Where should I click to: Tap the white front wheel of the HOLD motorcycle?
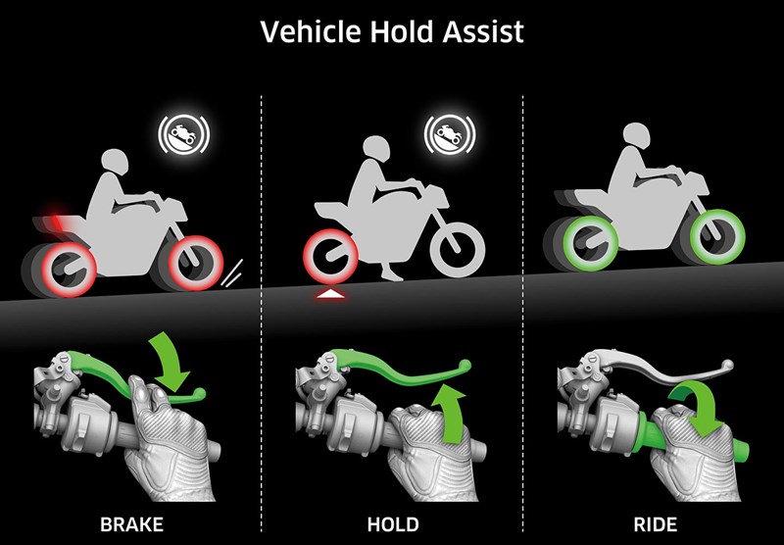[457, 251]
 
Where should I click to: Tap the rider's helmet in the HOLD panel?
[373, 148]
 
